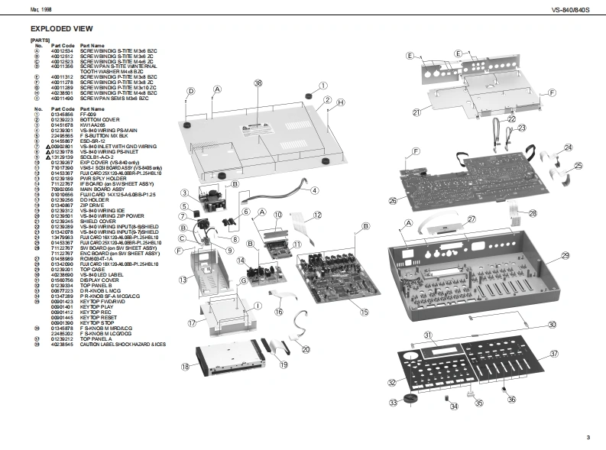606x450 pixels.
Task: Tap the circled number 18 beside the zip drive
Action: (185, 367)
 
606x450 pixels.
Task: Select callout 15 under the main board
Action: (365, 312)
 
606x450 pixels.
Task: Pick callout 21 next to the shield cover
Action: (416, 112)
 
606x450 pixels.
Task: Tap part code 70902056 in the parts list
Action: (62, 187)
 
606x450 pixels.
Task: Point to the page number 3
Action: (588, 437)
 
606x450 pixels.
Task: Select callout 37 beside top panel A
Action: (555, 354)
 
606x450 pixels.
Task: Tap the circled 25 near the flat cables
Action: (578, 165)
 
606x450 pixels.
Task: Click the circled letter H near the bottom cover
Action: (342, 102)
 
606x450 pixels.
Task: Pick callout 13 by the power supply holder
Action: (183, 280)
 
